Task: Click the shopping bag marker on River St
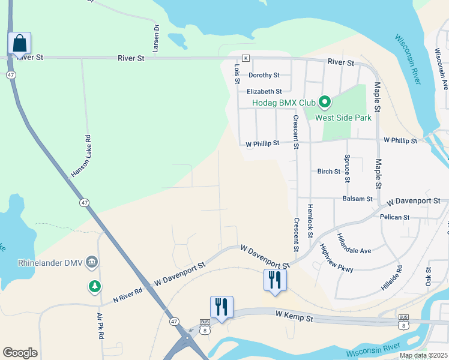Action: [19, 44]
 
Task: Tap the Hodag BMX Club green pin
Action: [325, 102]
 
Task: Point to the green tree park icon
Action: [94, 287]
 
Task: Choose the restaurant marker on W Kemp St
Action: [221, 307]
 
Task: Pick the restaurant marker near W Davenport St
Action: [275, 280]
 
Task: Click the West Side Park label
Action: [343, 118]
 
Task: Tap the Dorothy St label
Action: [264, 76]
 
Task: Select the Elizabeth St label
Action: [264, 92]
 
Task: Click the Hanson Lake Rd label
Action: [80, 155]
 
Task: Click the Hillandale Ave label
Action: [354, 242]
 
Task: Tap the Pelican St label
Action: [394, 217]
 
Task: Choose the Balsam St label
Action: [357, 199]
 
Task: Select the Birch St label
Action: [329, 172]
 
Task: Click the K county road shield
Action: [246, 58]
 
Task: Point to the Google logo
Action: [20, 353]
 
